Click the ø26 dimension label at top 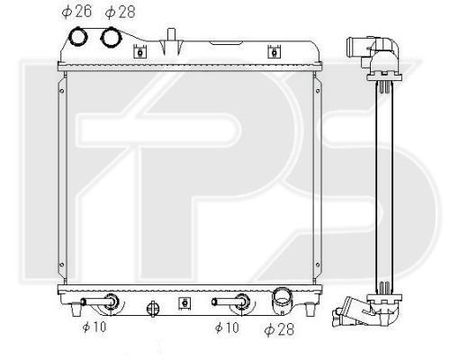click(76, 12)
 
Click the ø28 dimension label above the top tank click(120, 12)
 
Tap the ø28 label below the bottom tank click(279, 329)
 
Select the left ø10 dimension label click(94, 327)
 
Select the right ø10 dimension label click(227, 328)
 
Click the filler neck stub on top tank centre click(171, 34)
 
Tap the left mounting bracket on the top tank click(140, 51)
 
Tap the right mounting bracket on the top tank click(274, 51)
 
